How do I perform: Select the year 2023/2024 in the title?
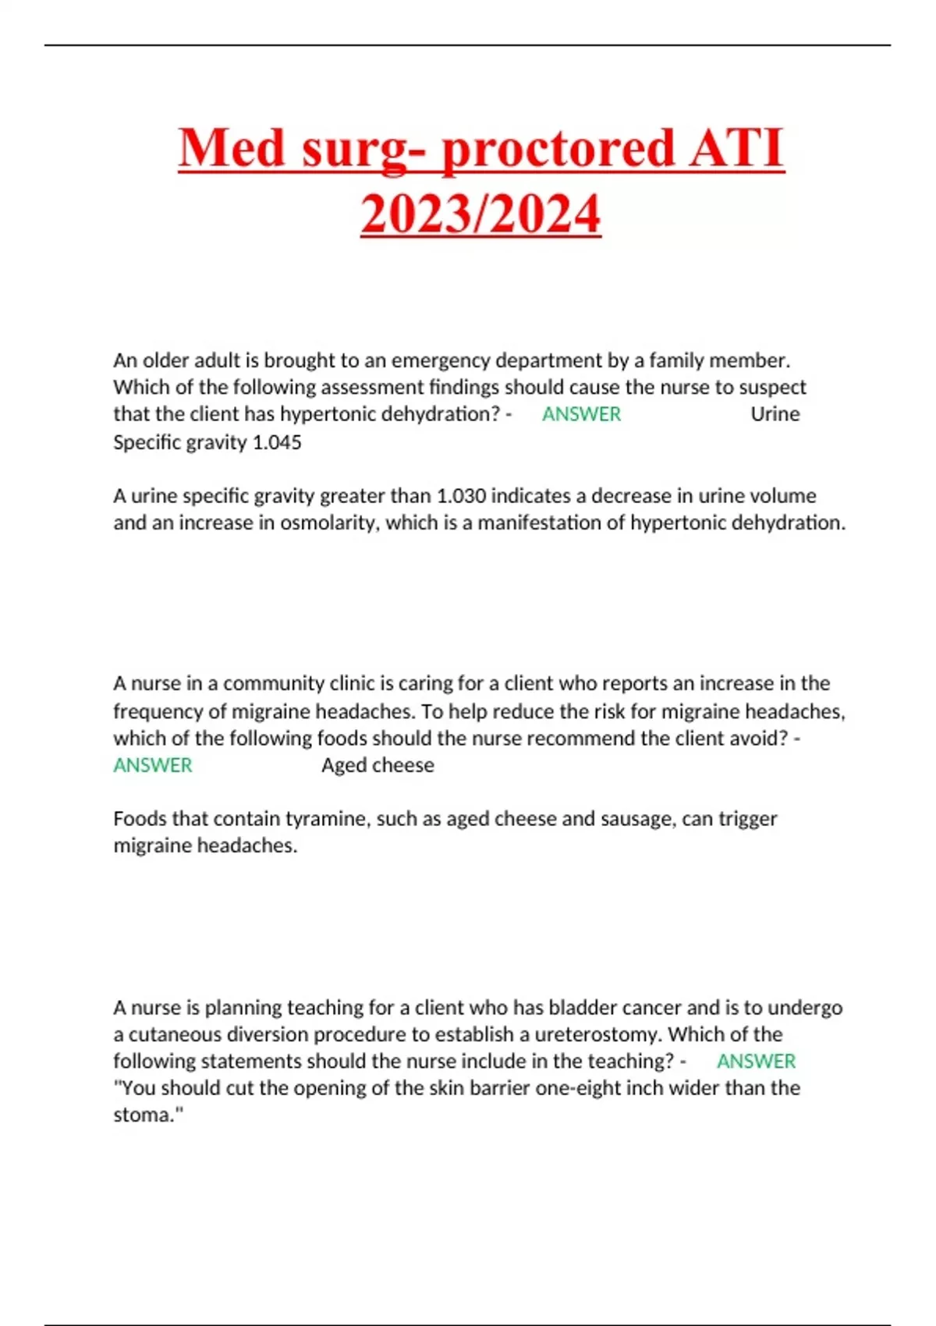click(x=480, y=214)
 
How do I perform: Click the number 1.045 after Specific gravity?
click(x=277, y=442)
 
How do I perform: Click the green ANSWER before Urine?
click(x=581, y=414)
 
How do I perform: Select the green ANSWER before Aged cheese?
click(x=153, y=765)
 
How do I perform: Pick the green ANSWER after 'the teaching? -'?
click(x=756, y=1062)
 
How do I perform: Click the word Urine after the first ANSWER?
click(x=775, y=414)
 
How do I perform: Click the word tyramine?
click(x=323, y=819)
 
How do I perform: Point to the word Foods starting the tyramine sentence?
click(x=140, y=819)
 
